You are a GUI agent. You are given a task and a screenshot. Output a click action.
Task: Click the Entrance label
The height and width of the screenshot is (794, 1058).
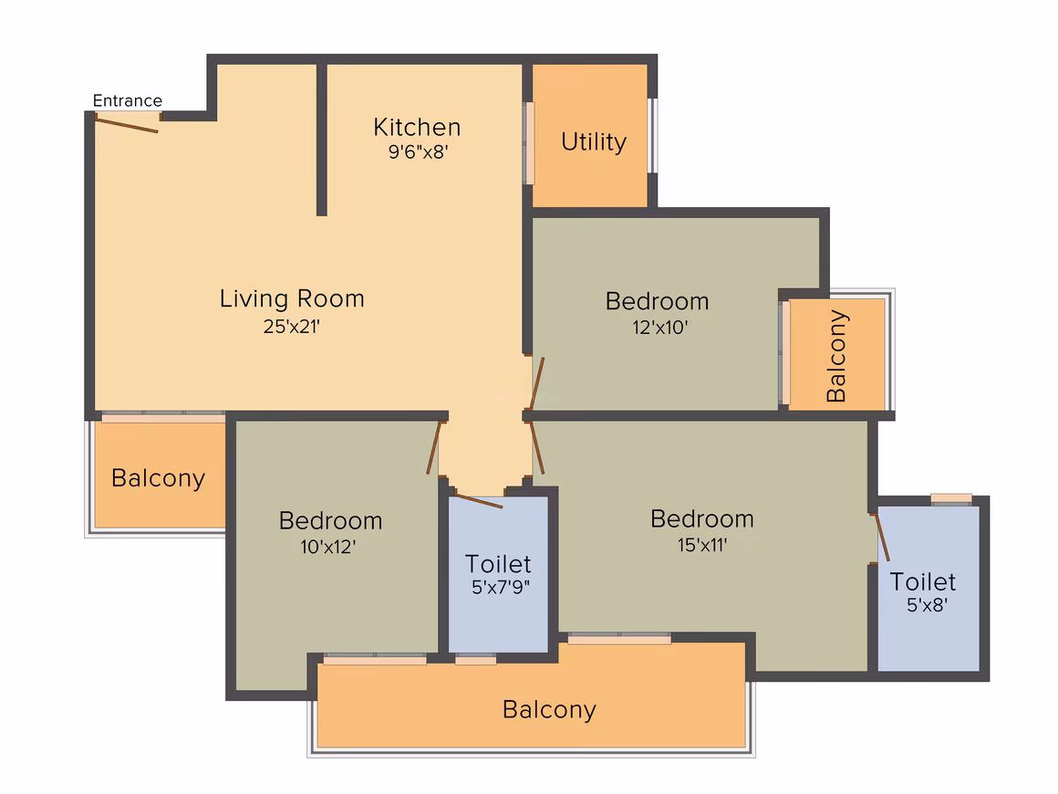128,100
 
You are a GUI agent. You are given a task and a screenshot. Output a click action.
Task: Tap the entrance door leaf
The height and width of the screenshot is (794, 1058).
127,124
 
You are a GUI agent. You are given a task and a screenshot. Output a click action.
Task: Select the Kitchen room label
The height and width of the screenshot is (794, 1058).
417,127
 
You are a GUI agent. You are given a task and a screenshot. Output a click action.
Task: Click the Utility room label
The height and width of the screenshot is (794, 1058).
594,141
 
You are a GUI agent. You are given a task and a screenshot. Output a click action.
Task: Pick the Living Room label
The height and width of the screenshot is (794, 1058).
292,299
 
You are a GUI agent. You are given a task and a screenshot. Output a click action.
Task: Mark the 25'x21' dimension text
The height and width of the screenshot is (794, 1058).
292,327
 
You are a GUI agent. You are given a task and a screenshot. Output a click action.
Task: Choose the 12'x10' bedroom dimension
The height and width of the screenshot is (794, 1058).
660,328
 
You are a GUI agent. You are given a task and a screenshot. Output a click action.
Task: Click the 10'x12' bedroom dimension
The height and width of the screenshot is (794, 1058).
328,546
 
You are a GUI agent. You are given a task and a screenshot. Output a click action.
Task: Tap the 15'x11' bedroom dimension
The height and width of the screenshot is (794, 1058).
702,545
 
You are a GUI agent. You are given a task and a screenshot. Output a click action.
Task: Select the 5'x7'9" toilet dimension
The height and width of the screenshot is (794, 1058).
500,587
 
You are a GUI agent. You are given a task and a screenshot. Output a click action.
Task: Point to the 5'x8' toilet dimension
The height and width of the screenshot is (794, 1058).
927,605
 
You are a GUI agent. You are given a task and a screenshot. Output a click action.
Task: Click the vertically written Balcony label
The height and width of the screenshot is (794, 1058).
836,356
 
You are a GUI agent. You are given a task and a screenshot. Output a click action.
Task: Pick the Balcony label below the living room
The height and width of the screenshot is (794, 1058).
158,479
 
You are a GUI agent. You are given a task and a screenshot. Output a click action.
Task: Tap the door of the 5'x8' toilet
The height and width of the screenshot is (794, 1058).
882,538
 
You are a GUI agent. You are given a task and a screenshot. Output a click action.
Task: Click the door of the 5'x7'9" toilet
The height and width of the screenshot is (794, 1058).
479,501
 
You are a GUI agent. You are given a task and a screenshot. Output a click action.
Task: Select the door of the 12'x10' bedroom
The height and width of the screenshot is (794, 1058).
537,382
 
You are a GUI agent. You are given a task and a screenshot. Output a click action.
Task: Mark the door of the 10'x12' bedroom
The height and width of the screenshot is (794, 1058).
434,447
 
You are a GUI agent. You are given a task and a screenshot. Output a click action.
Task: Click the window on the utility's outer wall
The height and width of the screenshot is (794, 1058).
652,135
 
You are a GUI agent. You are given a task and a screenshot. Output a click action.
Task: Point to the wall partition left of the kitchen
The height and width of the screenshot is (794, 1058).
322,140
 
